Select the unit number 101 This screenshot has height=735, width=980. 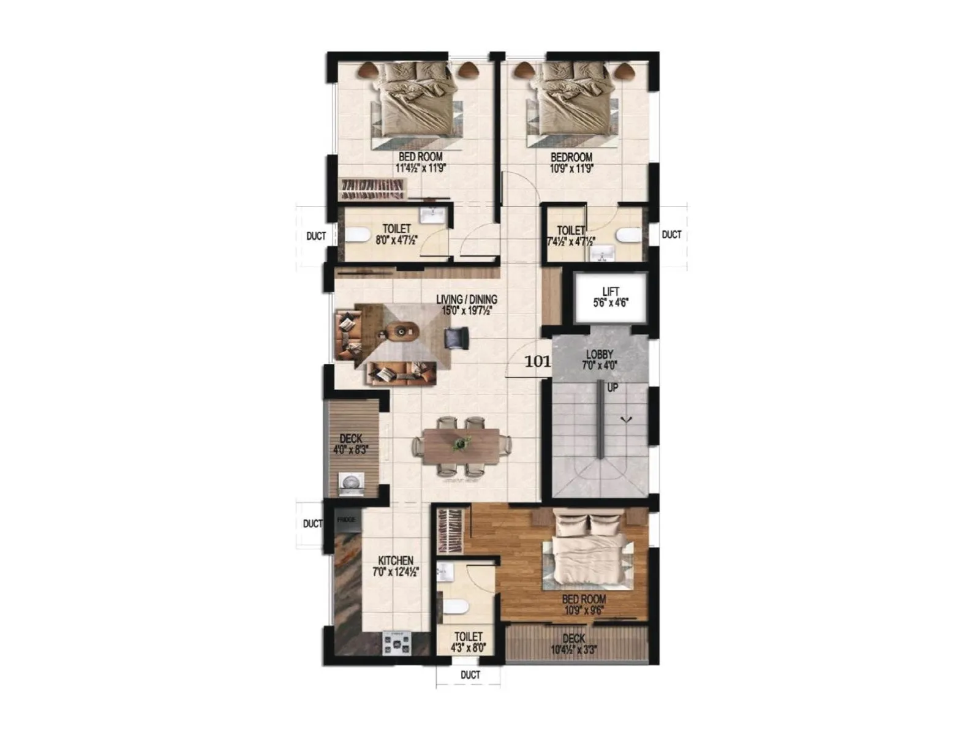point(537,361)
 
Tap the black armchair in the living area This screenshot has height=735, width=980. point(457,337)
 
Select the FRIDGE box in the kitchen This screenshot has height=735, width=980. point(347,520)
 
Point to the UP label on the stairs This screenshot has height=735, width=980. point(612,388)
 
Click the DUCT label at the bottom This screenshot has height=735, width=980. point(470,675)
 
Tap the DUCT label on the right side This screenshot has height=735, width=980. point(672,235)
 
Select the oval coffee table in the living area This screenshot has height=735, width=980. point(401,331)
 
